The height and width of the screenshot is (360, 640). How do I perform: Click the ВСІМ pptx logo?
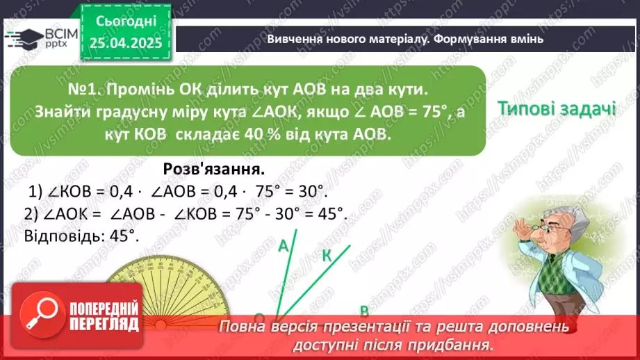[x=42, y=38]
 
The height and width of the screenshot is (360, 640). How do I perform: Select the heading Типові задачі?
[x=557, y=109]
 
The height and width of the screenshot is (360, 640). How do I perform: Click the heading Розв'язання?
[x=214, y=169]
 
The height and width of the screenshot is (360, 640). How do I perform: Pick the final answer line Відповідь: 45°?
[x=82, y=235]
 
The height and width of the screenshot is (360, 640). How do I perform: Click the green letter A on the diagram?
[x=283, y=246]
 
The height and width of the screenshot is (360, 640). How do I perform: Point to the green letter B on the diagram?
[x=363, y=311]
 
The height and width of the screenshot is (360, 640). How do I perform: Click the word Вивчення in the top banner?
[x=293, y=39]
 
